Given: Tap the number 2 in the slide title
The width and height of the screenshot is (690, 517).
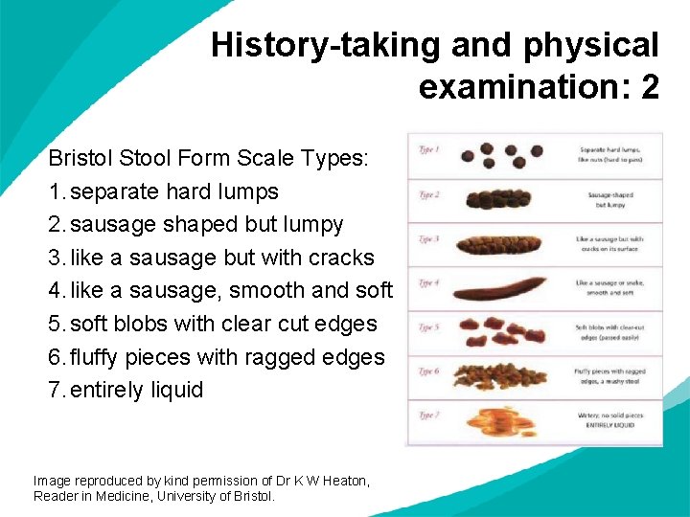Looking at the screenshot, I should [x=650, y=87].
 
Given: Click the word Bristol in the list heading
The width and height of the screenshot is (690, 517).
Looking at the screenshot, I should [x=80, y=158].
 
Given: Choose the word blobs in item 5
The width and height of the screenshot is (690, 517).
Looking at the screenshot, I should [x=144, y=324].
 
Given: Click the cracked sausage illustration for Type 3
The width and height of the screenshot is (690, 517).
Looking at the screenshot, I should [x=499, y=243].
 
